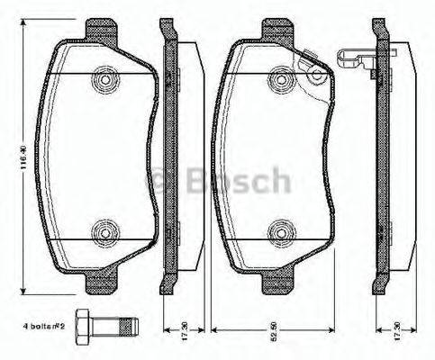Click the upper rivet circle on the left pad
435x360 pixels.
104,80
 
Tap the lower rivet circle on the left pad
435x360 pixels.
104,235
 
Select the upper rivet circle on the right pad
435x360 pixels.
276,80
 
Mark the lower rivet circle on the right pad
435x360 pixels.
276,235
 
